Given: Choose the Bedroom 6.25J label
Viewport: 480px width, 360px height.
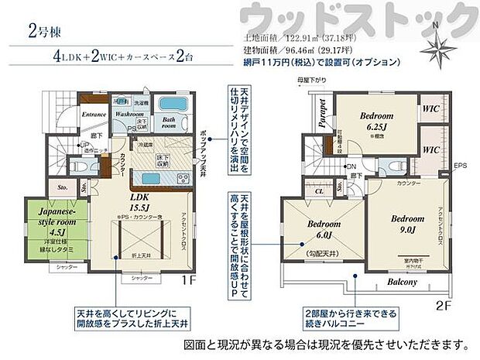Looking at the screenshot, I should (379, 122).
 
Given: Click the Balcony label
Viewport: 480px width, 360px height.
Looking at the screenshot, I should (402, 282).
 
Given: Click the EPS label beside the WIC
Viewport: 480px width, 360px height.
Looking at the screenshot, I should (460, 166).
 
